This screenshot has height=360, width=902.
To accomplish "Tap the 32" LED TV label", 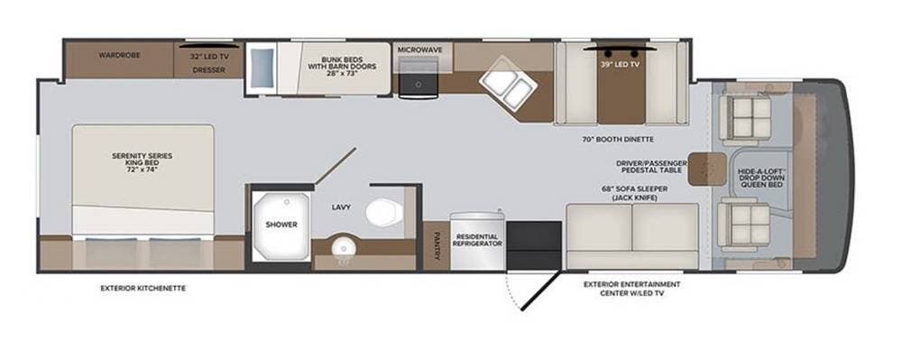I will pyautogui.click(x=208, y=56).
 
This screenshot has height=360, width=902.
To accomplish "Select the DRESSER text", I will pyautogui.click(x=208, y=69).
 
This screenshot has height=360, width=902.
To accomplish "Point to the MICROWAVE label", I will pyautogui.click(x=419, y=49).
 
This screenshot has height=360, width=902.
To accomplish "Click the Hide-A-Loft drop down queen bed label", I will pyautogui.click(x=763, y=177).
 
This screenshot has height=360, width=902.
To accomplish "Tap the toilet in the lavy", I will pyautogui.click(x=381, y=212).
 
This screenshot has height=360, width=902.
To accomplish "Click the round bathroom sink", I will pyautogui.click(x=342, y=248).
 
